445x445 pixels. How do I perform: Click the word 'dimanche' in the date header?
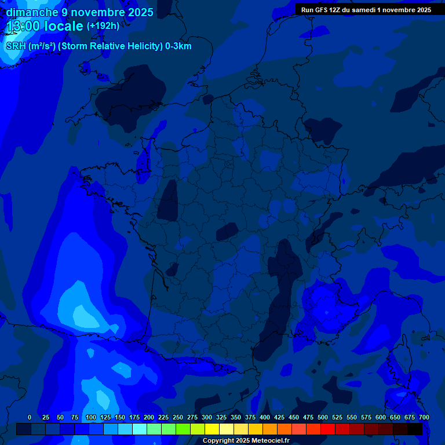31,12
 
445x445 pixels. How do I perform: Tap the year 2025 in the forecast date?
137,12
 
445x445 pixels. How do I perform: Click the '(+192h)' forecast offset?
103,26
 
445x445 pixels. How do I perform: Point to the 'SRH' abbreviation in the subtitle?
16,46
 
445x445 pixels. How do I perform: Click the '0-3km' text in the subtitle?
178,46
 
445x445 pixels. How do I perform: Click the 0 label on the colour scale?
30,417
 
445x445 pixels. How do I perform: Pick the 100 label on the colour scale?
91,417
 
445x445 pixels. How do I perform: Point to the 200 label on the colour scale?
149,417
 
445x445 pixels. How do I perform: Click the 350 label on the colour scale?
236,417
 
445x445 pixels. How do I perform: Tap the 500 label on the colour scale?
323,417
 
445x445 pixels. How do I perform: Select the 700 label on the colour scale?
424,417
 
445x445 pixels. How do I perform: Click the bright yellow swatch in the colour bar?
212,429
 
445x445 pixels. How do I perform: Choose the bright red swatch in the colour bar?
328,429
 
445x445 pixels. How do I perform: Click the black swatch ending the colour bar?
415,429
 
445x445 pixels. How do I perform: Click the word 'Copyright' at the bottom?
220,441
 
